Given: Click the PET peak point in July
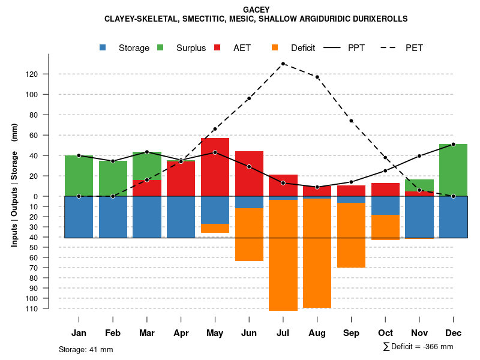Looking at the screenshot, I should [283, 64].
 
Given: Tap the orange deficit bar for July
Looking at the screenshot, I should [283, 255].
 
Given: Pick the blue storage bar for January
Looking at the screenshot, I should [79, 217].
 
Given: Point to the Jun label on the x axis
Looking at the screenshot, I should [249, 332].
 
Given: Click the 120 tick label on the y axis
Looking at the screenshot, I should [48, 74].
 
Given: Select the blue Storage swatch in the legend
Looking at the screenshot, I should [103, 47].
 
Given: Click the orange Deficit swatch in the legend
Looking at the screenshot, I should [275, 47].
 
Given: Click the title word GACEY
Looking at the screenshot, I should [256, 10].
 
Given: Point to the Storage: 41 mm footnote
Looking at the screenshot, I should [86, 349].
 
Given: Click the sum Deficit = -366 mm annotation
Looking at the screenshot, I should [418, 347].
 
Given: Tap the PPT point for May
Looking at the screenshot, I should [215, 152].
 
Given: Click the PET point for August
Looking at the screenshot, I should [317, 77].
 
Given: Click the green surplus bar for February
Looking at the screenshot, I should [113, 178].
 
